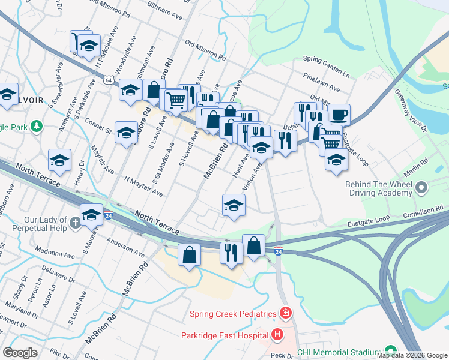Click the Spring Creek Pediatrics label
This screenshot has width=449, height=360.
(x=232, y=314)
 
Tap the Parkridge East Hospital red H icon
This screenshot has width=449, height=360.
(x=277, y=334)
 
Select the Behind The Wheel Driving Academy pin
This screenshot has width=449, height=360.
(x=423, y=188)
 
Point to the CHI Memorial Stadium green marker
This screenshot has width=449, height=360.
(x=391, y=350)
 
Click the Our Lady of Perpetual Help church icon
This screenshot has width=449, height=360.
(x=74, y=223)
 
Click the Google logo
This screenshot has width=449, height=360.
(x=20, y=352)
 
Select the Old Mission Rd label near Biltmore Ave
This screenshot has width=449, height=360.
(x=205, y=52)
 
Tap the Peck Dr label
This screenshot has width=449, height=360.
(x=281, y=355)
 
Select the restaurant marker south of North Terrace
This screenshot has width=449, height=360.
(x=231, y=251)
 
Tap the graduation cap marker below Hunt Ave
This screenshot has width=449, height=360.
(x=234, y=205)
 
